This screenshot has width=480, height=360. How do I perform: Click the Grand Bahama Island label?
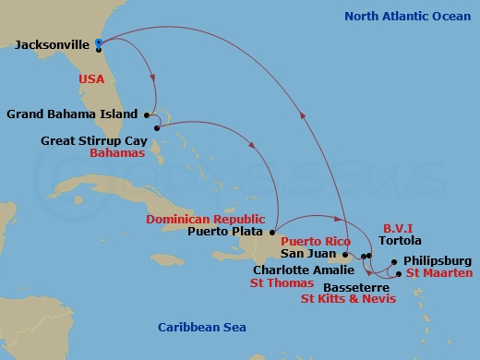click(x=71, y=114)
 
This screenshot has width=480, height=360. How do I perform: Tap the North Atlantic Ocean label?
click(x=406, y=16)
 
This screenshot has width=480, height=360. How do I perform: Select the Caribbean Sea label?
click(x=200, y=328)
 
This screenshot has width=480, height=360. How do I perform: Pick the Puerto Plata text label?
click(x=227, y=233)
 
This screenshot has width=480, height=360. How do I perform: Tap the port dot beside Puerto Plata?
click(x=273, y=233)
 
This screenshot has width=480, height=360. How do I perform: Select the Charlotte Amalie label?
click(x=302, y=270)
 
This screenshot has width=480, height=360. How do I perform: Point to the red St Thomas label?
click(x=281, y=284)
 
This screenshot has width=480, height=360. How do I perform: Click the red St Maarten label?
click(x=439, y=273)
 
